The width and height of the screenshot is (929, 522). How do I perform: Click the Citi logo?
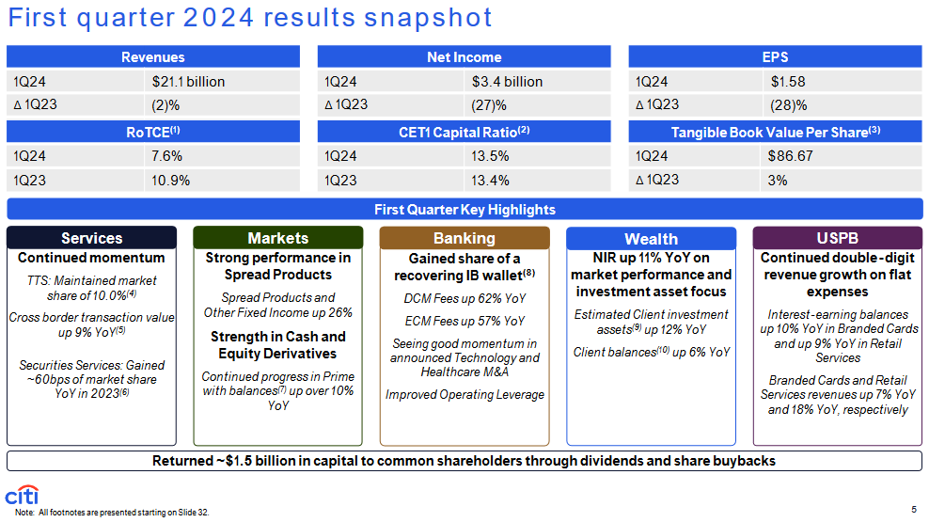(22, 496)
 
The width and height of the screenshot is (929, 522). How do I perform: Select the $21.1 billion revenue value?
(188, 82)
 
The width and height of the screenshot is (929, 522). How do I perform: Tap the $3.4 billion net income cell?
(507, 82)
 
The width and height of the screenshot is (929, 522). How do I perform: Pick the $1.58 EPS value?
(788, 82)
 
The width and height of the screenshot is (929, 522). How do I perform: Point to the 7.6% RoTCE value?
(166, 156)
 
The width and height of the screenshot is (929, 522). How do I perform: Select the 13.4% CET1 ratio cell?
(490, 181)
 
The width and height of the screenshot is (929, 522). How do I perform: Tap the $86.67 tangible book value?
(791, 156)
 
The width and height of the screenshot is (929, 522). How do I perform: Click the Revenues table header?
(153, 56)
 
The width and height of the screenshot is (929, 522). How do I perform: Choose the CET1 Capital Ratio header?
(464, 132)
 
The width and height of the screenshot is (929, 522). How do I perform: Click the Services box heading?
(92, 238)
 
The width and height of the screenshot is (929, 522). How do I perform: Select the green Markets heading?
(278, 238)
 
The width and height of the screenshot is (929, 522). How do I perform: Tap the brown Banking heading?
(464, 238)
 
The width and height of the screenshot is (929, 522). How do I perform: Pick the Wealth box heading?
(651, 239)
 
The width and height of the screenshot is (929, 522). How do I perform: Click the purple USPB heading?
(837, 238)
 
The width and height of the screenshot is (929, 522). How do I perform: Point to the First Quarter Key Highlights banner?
(465, 209)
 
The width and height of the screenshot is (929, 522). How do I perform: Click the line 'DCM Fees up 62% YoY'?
(465, 299)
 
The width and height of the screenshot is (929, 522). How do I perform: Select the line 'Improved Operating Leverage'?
(465, 395)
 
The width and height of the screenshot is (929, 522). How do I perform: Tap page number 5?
(914, 510)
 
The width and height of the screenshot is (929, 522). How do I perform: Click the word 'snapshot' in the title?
(428, 18)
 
